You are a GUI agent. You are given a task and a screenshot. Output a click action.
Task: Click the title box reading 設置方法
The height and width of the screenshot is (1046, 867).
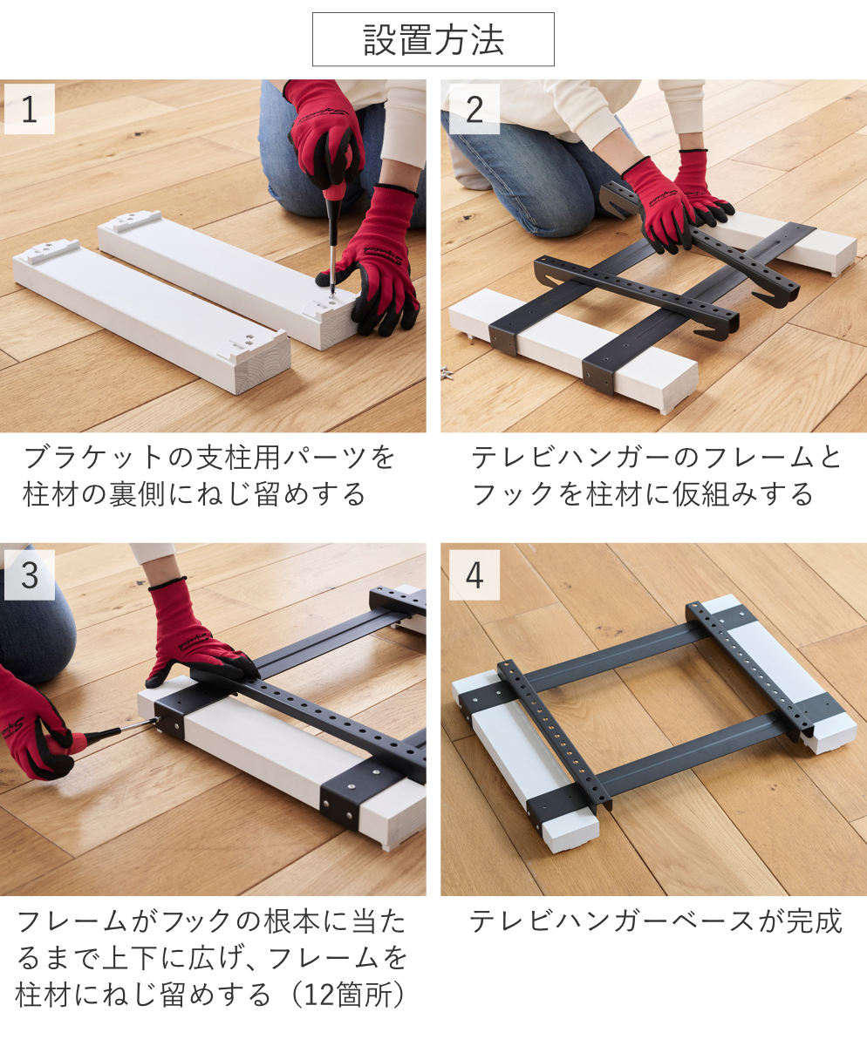click(433, 39)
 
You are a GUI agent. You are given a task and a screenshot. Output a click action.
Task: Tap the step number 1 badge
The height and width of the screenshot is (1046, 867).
click(30, 109)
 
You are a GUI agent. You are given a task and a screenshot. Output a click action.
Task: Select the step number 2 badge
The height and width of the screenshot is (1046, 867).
click(474, 109)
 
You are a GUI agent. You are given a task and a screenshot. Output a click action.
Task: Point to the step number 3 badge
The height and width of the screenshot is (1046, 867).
click(30, 574)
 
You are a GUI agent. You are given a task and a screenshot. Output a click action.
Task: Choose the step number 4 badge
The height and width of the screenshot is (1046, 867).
click(474, 574)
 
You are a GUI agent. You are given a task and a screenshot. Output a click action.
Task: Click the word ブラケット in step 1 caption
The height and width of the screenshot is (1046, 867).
click(95, 457)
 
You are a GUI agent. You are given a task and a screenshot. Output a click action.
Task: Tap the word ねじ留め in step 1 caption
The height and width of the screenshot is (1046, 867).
click(225, 494)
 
